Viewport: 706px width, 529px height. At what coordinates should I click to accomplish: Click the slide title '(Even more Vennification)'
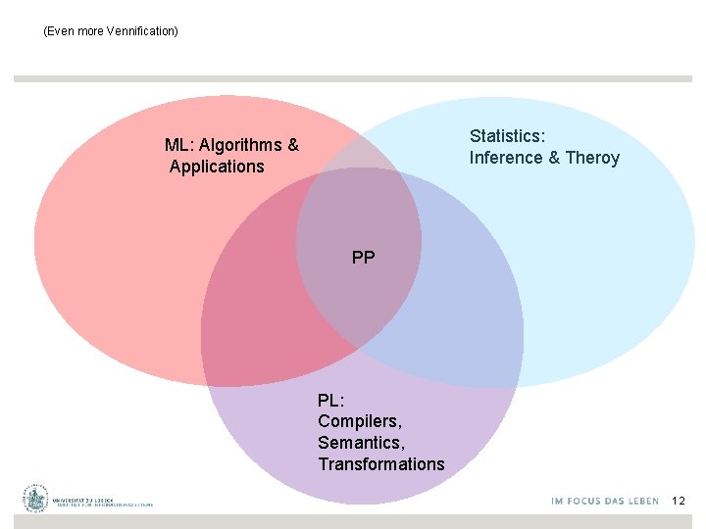click(111, 31)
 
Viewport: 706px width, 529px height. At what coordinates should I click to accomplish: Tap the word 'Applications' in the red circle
click(217, 167)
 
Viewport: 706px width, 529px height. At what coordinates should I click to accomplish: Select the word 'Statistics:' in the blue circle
click(508, 136)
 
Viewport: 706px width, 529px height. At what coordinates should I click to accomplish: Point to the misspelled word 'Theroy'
click(592, 158)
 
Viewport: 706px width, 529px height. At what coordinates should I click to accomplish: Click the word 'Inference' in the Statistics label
click(506, 158)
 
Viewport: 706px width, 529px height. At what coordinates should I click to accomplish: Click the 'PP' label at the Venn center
click(363, 258)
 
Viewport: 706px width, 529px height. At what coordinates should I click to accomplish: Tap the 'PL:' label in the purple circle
click(331, 400)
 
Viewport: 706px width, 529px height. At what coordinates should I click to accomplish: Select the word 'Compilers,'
click(360, 421)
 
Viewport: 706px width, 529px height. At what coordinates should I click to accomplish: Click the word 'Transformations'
click(381, 464)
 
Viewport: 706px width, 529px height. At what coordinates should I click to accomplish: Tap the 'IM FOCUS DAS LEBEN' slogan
click(605, 501)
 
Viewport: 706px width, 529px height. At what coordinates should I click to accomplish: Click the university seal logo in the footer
click(37, 499)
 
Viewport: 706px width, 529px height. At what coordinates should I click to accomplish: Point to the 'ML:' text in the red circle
click(180, 146)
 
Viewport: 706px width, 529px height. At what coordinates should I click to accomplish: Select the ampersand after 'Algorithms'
click(293, 146)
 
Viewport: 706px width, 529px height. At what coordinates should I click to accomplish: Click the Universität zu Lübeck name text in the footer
click(103, 499)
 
